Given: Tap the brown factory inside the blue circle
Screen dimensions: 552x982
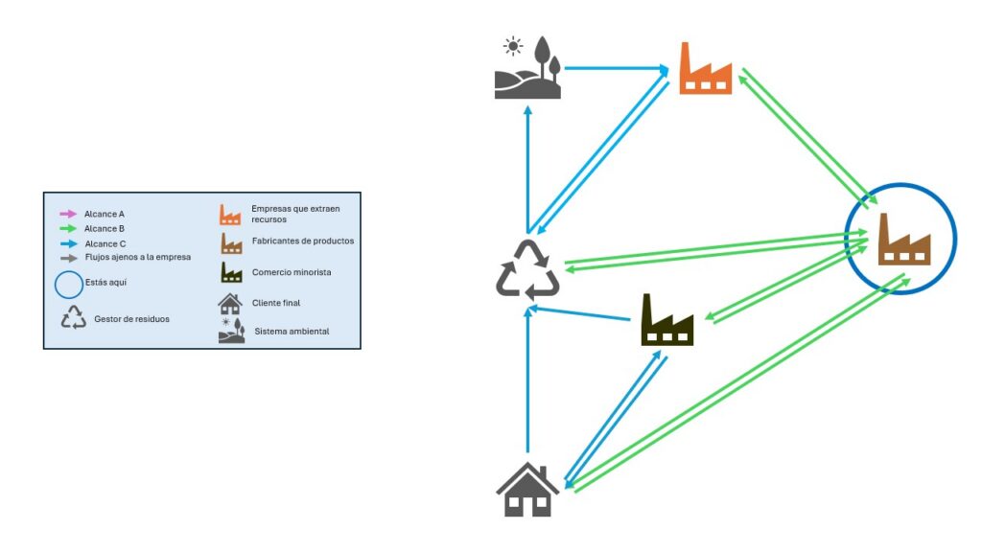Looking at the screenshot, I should coord(904,239).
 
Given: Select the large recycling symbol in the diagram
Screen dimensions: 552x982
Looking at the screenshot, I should coord(527,270).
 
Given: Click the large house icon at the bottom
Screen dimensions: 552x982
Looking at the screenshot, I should coord(527,490).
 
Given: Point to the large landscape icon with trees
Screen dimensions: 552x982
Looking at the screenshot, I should coord(527,68).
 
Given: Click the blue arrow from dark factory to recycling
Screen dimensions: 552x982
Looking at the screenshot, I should coord(585,311).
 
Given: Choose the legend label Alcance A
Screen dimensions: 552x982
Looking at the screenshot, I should coord(105,214).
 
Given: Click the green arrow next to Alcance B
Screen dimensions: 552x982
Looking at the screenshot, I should coord(67,229).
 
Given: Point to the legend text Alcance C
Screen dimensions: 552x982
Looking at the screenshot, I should coord(105,244).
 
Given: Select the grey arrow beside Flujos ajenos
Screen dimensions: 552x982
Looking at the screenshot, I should coord(67,257).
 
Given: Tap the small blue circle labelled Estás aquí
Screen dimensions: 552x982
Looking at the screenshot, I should coord(67,285).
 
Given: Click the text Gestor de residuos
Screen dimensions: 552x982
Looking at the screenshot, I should coord(132,318).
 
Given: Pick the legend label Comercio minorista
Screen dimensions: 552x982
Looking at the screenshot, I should coord(292,272).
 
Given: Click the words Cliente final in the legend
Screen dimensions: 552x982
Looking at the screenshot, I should coord(277,303).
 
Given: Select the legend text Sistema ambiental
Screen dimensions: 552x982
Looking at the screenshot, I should coord(292,332).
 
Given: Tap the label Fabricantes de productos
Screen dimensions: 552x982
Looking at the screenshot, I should coord(302,241).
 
